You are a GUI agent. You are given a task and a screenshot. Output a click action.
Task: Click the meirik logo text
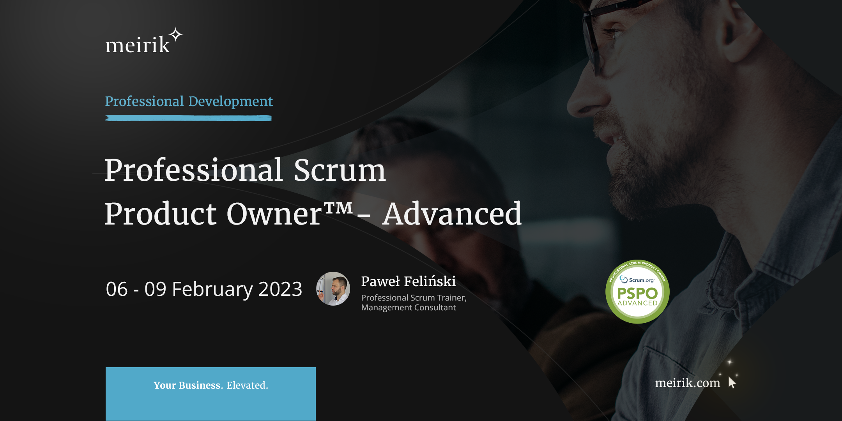[138, 45]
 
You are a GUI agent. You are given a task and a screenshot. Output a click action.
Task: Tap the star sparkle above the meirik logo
[176, 35]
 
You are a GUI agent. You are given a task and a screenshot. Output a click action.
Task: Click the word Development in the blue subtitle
[230, 101]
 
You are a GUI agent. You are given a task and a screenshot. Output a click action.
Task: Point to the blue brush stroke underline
[188, 118]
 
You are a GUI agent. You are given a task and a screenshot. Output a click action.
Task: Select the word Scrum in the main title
[340, 170]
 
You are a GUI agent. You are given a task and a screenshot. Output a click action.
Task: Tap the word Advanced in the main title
[452, 214]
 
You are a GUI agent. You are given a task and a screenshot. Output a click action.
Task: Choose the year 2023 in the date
[280, 289]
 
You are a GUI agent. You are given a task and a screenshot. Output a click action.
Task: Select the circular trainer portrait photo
[333, 289]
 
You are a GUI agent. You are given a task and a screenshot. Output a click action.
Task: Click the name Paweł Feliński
[408, 281]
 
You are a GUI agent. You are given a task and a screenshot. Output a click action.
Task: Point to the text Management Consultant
[408, 308]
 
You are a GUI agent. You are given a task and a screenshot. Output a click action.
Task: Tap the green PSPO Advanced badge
[637, 292]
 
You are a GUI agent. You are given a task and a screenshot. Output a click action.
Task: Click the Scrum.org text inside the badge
[641, 280]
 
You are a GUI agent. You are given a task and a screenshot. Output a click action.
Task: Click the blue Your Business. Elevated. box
[210, 394]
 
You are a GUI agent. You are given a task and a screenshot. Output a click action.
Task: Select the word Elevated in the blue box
[247, 385]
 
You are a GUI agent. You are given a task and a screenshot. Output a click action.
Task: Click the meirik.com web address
[687, 383]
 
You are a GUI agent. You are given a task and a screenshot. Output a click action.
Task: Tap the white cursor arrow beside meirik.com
[732, 382]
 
